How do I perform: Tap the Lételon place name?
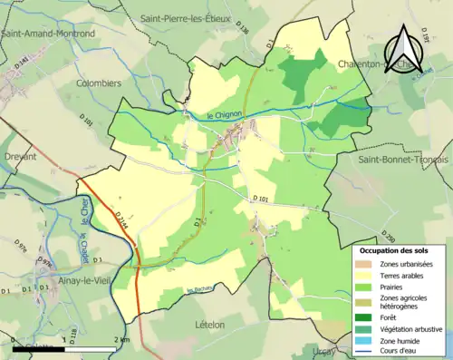coord(215,323)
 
